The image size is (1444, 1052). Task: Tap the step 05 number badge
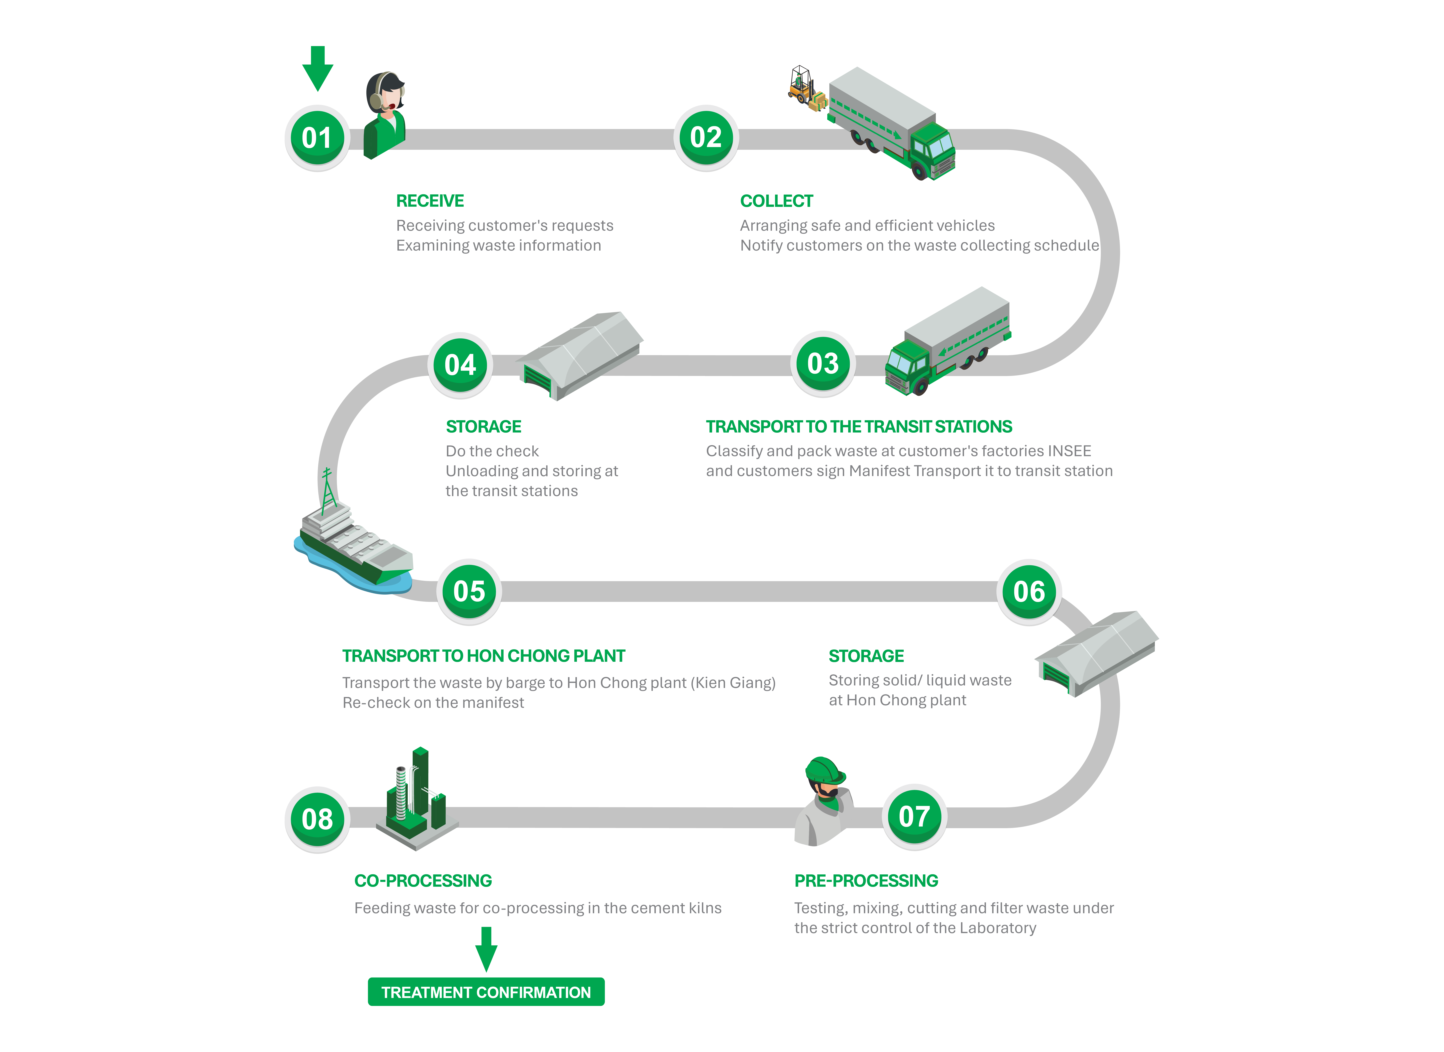tap(469, 591)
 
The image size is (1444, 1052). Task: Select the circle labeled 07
tap(914, 817)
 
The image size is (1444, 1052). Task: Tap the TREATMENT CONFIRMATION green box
tap(486, 992)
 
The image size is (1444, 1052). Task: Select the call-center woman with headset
tap(385, 115)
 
